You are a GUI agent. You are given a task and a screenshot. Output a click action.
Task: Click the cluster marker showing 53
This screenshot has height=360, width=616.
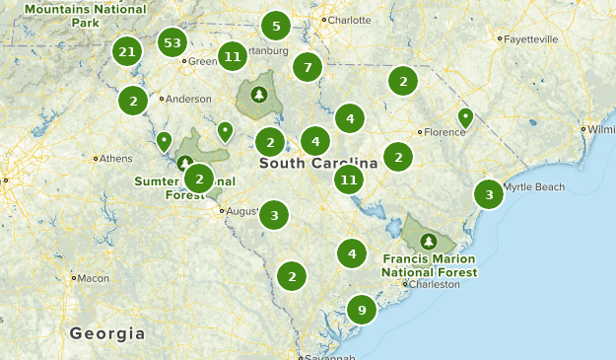(172, 43)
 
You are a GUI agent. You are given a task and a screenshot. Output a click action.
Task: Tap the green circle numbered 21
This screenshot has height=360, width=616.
(126, 51)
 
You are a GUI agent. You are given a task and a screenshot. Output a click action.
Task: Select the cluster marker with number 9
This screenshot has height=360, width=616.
(362, 311)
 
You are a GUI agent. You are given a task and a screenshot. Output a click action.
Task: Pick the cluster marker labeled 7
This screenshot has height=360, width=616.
(308, 68)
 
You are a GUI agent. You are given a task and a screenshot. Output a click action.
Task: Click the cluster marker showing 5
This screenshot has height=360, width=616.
(276, 27)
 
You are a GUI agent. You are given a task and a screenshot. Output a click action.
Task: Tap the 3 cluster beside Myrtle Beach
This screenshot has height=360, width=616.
(489, 194)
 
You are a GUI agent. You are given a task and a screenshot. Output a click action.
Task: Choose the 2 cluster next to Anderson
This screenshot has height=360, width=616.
(133, 100)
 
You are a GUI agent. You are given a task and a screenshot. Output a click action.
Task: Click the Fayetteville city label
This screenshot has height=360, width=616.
(530, 39)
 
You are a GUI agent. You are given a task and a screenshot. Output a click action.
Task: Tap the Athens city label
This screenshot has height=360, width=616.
(114, 158)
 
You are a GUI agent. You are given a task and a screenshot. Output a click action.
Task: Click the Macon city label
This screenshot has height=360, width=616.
(94, 278)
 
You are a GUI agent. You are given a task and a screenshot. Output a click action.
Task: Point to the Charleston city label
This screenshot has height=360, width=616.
(435, 284)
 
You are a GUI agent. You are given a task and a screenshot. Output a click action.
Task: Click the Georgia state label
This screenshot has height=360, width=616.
(107, 333)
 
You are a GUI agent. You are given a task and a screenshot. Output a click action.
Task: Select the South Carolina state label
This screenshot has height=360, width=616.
(318, 163)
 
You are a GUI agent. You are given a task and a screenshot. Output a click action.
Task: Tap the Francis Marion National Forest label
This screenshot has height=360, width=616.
(429, 265)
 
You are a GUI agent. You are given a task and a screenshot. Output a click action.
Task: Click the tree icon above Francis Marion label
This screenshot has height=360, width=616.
(428, 241)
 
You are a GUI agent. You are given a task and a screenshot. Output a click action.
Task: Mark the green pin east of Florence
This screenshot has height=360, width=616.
(465, 117)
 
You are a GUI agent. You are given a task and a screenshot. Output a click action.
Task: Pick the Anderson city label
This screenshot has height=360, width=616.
(188, 99)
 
